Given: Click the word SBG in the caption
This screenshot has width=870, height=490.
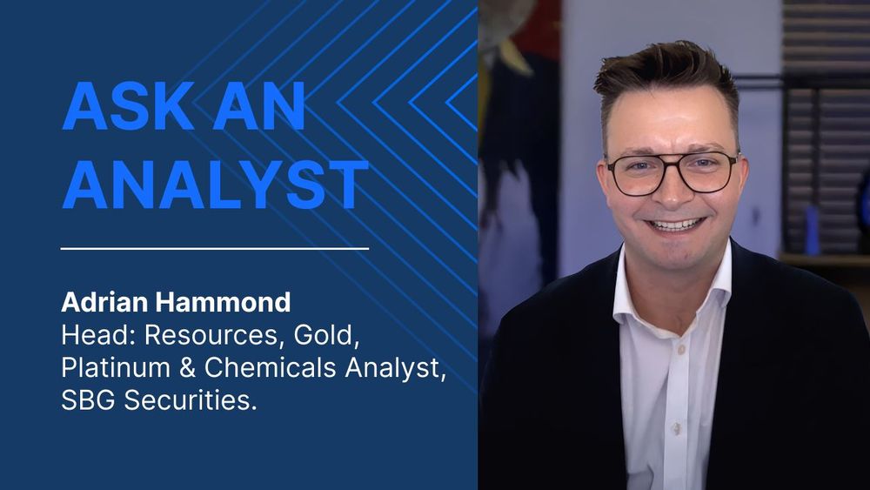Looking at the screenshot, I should tap(83, 400).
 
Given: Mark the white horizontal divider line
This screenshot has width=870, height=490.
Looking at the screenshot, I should tap(215, 248).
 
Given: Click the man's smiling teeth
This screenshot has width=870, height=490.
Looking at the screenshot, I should tap(677, 225).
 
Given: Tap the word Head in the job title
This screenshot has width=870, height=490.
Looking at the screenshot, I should tap(84, 336).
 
